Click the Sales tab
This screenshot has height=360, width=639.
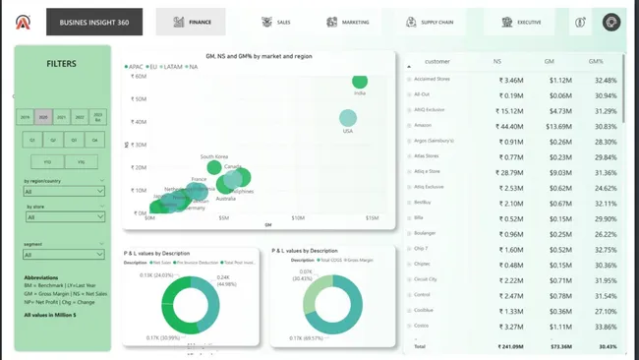coord(276,22)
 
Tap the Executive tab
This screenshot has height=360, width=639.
coord(521,22)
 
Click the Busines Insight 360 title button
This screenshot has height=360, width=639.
coord(93,22)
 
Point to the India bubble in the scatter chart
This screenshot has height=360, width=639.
coord(359,82)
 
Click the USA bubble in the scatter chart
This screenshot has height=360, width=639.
coord(347,119)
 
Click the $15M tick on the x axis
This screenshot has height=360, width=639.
coord(372,217)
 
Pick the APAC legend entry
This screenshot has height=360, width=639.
coord(137,67)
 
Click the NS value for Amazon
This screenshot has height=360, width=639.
coord(511,126)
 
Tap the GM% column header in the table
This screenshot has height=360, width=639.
coord(596,61)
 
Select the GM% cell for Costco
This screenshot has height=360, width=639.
coord(607,326)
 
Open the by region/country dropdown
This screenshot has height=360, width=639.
coord(64,191)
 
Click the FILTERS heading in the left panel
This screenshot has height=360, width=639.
coord(62,64)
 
